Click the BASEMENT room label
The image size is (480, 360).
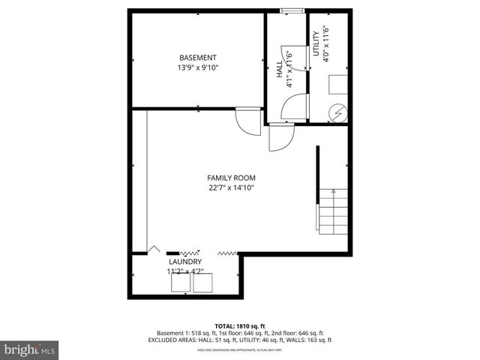pyautogui.click(x=197, y=58)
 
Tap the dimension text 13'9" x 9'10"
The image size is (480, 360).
pyautogui.click(x=197, y=68)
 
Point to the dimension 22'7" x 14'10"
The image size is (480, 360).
pyautogui.click(x=231, y=188)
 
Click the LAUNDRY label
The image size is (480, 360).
pyautogui.click(x=184, y=261)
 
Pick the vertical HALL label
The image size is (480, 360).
pyautogui.click(x=279, y=69)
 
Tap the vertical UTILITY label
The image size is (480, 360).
pyautogui.click(x=316, y=43)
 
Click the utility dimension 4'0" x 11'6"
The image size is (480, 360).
pyautogui.click(x=326, y=43)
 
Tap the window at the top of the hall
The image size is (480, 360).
pyautogui.click(x=292, y=10)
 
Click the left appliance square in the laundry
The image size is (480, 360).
pyautogui.click(x=180, y=283)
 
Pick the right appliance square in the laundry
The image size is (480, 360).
pyautogui.click(x=202, y=283)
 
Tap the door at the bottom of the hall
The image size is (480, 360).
pyautogui.click(x=281, y=137)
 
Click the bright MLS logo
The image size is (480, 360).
pyautogui.click(x=29, y=349)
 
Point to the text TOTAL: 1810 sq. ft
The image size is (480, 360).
pyautogui.click(x=240, y=325)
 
